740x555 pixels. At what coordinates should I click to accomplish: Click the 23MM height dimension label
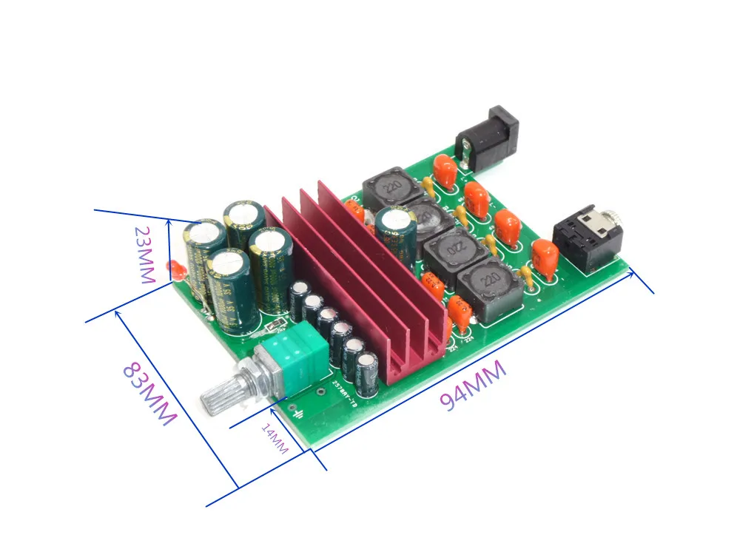tap(144, 255)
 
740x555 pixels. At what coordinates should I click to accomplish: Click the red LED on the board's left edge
tap(175, 270)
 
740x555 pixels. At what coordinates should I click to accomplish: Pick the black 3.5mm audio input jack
tap(588, 235)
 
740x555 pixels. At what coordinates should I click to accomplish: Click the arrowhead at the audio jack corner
tap(632, 271)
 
